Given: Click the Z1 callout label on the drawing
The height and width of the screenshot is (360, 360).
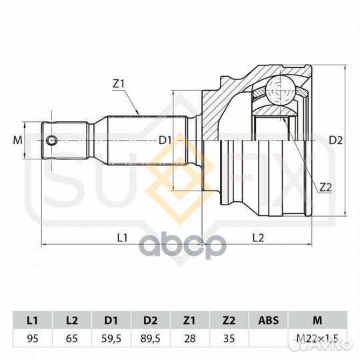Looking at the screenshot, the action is pyautogui.click(x=119, y=84).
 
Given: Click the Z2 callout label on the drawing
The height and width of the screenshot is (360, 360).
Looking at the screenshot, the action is pyautogui.click(x=326, y=187).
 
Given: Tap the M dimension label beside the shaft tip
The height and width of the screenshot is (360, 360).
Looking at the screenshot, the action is pyautogui.click(x=18, y=140).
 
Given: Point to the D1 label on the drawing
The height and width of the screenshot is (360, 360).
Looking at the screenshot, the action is pyautogui.click(x=165, y=140).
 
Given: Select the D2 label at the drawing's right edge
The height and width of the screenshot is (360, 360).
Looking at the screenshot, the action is pyautogui.click(x=335, y=140).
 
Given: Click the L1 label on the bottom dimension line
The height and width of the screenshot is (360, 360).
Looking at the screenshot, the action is pyautogui.click(x=123, y=238).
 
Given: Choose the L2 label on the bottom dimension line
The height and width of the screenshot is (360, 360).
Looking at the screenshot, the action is pyautogui.click(x=258, y=238).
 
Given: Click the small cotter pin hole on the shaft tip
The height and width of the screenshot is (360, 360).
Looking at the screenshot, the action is pyautogui.click(x=51, y=140).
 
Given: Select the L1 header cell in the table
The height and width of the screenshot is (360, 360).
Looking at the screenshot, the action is pyautogui.click(x=33, y=320).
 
